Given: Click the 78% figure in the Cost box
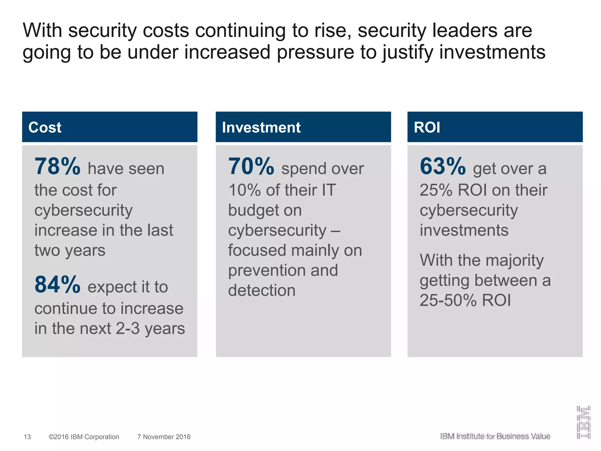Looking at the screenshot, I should (57, 166).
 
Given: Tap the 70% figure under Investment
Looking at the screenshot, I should (251, 166).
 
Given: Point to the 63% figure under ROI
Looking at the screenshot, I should (443, 166).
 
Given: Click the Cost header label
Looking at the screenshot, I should (45, 127).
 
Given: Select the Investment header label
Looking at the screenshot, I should (261, 127).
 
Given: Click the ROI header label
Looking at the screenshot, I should (427, 127).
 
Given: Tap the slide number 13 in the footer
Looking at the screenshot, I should (27, 437).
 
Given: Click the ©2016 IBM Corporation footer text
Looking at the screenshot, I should (84, 437).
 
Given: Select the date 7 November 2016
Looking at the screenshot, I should (164, 437).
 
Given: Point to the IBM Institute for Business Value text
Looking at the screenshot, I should (495, 436).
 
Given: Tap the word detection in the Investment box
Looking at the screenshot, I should (262, 290).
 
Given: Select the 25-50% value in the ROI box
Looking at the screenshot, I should (448, 300).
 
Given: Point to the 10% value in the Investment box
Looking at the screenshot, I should (244, 190).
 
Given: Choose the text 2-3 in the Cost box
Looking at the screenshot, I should (128, 328).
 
